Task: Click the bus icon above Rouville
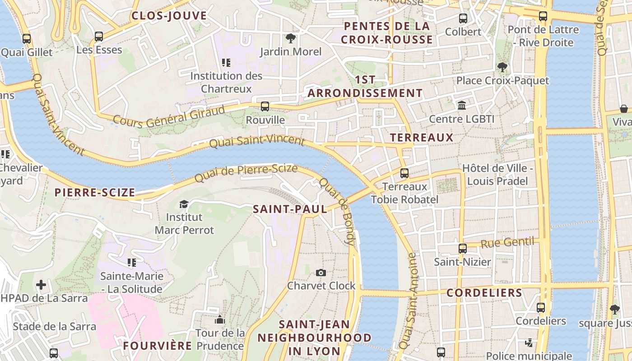(x=265, y=106)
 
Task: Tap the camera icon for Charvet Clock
(x=321, y=273)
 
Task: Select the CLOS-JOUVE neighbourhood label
(x=169, y=16)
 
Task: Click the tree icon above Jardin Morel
(x=291, y=38)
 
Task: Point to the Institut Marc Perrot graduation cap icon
(x=184, y=204)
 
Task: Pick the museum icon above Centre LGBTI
(x=462, y=106)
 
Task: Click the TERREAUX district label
(x=422, y=138)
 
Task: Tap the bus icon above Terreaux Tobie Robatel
(x=404, y=173)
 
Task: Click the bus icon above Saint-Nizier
(x=463, y=249)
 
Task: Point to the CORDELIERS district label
(x=484, y=293)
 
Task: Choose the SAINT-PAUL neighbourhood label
(x=290, y=209)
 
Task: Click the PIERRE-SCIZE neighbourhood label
(x=95, y=193)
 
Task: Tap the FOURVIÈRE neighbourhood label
(x=158, y=346)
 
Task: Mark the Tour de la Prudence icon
(x=220, y=320)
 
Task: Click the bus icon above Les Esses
(x=99, y=37)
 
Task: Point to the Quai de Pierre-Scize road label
(x=246, y=173)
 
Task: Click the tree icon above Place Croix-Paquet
(x=502, y=68)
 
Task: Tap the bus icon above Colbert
(x=463, y=19)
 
